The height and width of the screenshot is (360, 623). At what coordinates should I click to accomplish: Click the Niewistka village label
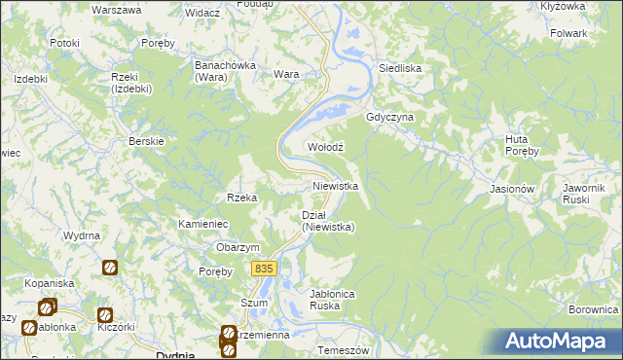pos(336,185)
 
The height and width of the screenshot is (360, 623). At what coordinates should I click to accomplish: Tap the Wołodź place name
pos(327,147)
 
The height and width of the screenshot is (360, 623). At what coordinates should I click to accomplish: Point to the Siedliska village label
pos(399,69)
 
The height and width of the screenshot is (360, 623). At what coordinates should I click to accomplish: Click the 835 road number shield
pos(263,268)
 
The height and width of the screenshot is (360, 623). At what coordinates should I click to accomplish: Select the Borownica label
pos(594,309)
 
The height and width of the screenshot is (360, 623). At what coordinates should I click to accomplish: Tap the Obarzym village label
pos(238,247)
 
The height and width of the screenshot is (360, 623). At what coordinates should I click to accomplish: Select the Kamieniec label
pos(202,224)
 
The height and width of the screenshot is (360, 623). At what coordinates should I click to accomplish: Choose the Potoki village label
pos(64,44)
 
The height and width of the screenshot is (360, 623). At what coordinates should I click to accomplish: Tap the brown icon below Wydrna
pos(110,266)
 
